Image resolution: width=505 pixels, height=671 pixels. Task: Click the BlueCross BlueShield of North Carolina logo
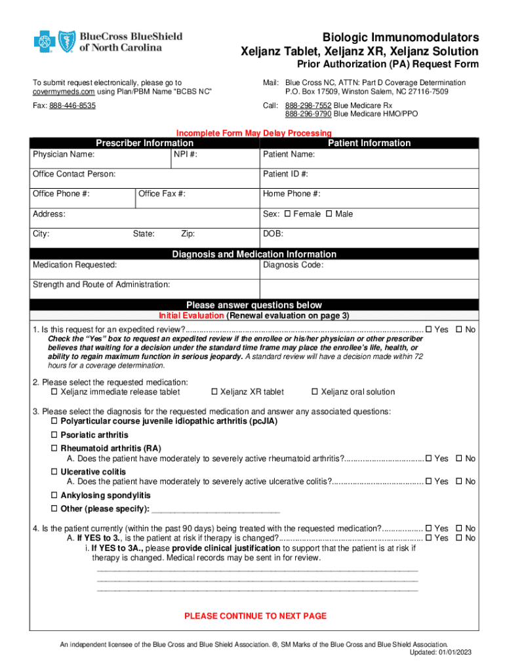click(x=108, y=42)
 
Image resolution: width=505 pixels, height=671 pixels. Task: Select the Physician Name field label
click(x=64, y=155)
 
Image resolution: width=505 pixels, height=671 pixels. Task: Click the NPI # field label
click(x=186, y=155)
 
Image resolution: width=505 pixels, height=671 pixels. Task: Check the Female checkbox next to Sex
click(x=287, y=214)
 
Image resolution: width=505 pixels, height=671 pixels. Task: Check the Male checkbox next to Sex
click(x=329, y=214)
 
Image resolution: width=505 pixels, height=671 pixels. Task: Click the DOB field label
click(x=273, y=234)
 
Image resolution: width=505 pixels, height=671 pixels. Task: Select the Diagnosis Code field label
click(x=293, y=265)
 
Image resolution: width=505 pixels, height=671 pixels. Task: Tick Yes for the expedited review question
click(x=429, y=330)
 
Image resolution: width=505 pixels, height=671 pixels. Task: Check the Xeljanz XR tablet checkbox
click(x=214, y=392)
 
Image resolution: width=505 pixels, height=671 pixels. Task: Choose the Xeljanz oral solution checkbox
click(x=315, y=392)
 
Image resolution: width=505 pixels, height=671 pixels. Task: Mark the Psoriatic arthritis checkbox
click(x=55, y=435)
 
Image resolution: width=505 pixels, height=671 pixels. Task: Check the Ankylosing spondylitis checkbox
click(x=55, y=496)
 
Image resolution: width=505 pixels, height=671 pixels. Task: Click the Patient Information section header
click(x=369, y=143)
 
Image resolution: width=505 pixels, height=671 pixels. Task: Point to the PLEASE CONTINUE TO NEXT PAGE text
click(x=255, y=616)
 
